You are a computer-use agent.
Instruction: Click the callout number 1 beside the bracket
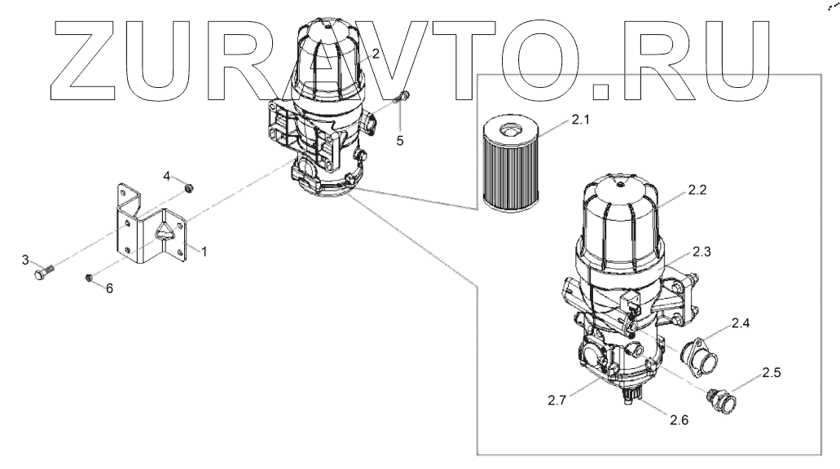204,253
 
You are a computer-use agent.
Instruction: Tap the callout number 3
25,260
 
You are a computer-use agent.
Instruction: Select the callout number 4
166,177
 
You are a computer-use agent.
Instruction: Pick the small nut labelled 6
90,279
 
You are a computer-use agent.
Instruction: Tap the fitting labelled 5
400,101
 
